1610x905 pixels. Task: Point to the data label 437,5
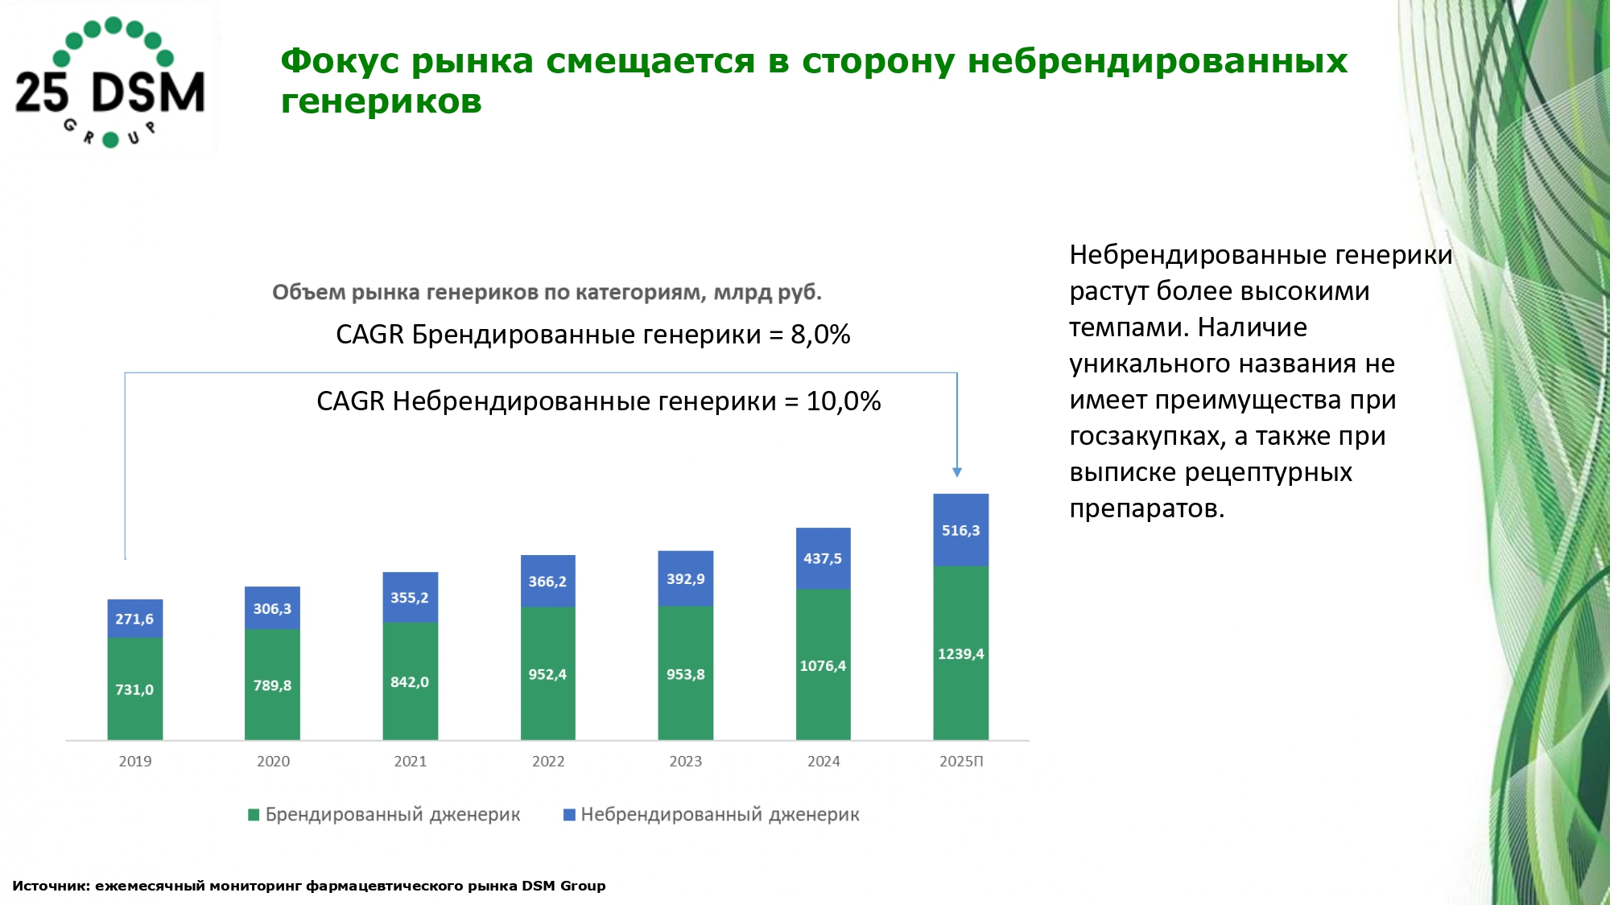click(823, 558)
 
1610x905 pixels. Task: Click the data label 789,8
click(272, 685)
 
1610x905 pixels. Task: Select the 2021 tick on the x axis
click(410, 761)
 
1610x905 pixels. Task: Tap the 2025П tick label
click(961, 761)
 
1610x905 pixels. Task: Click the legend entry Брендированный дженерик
click(392, 815)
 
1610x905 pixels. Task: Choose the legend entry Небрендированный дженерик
click(720, 815)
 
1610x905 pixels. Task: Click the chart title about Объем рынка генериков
click(547, 292)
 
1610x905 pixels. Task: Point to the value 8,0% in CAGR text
click(820, 335)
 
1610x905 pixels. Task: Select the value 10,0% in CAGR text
click(844, 401)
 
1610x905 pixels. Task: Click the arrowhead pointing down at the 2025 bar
click(957, 472)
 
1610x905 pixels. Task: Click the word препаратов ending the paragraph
click(1145, 508)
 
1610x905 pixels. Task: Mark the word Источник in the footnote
click(50, 886)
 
